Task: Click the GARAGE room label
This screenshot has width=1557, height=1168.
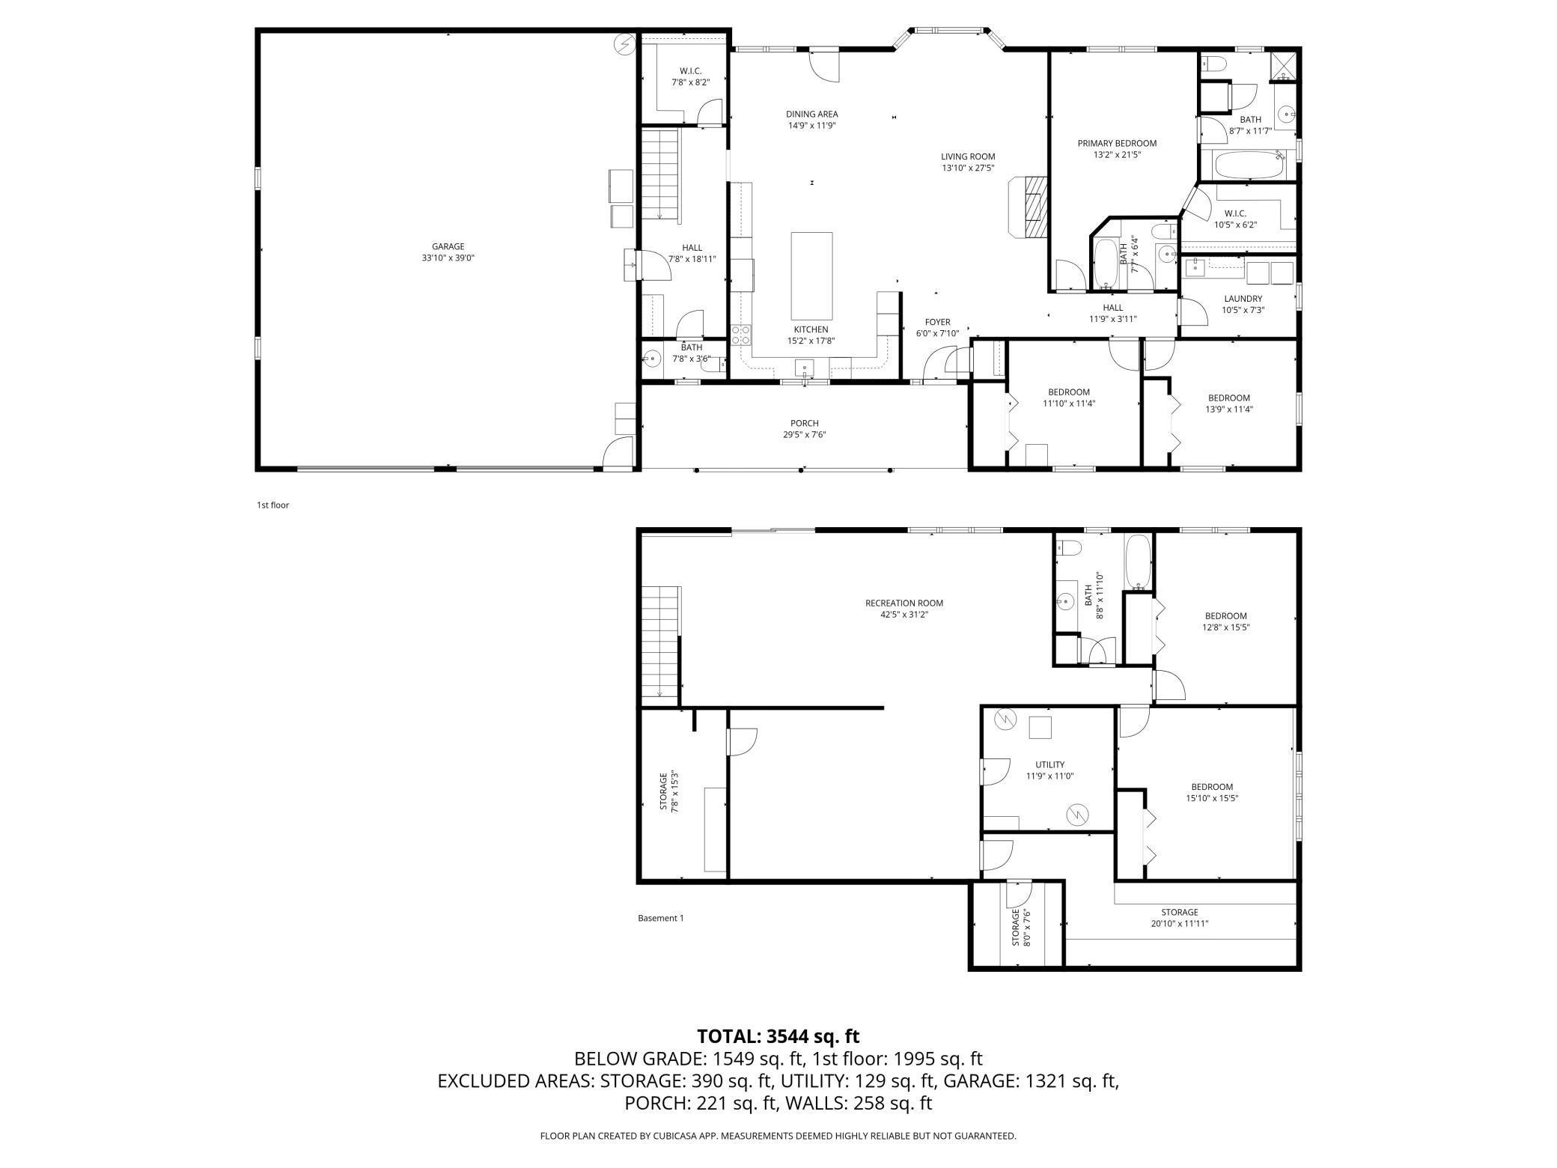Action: [448, 246]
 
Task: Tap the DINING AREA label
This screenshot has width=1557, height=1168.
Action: [811, 114]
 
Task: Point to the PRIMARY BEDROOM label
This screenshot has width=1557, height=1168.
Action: [1117, 143]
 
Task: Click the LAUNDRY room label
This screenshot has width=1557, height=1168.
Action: [1243, 299]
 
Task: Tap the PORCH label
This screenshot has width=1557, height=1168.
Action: [805, 423]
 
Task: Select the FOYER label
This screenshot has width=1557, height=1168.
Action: [937, 322]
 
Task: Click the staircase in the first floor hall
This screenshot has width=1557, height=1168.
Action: [659, 175]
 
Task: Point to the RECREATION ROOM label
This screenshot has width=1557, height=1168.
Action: [904, 603]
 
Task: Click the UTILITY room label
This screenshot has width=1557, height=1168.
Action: [1049, 764]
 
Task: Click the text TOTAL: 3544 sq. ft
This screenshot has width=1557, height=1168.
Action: [778, 1036]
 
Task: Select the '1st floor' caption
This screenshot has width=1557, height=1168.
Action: [272, 505]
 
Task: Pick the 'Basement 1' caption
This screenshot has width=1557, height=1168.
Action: [660, 918]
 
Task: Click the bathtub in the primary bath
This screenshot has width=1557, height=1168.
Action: [1248, 165]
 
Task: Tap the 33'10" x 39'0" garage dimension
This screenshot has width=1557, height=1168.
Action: [448, 258]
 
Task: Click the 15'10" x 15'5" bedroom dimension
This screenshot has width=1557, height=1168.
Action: [1212, 798]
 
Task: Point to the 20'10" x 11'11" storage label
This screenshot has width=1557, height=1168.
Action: [1180, 918]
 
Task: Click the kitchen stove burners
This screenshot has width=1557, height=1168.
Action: [740, 335]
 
